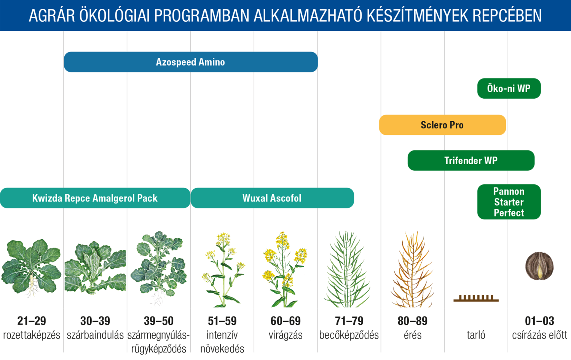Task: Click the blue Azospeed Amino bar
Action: tap(190, 62)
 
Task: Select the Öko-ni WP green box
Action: tap(509, 88)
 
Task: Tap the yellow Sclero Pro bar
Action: tap(442, 125)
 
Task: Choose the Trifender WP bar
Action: tap(471, 160)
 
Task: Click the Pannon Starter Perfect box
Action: tap(509, 202)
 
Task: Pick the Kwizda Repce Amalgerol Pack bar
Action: tap(95, 198)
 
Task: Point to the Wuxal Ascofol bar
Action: tap(272, 198)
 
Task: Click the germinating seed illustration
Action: tap(539, 266)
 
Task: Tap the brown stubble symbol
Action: tap(476, 298)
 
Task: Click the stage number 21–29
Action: tap(32, 321)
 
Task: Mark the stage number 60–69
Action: tap(285, 321)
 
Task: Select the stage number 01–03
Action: tap(539, 321)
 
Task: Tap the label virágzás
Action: tap(285, 335)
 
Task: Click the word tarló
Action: tap(476, 335)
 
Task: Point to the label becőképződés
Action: tap(349, 335)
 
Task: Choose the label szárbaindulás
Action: tap(95, 335)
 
